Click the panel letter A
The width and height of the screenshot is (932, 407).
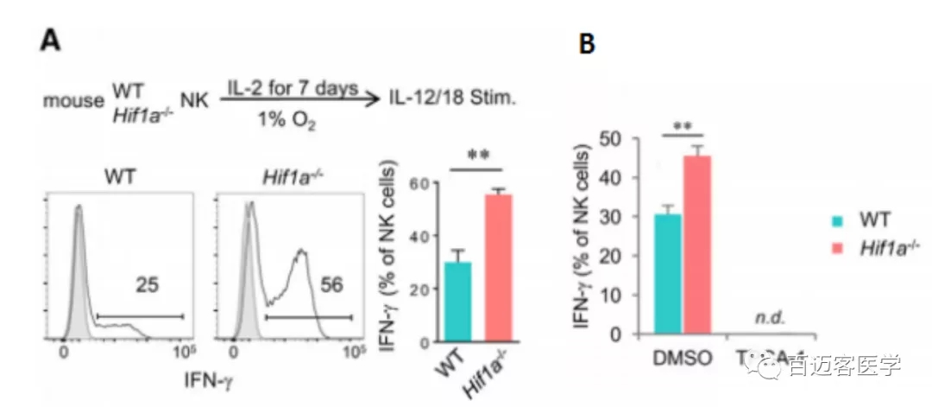tap(51, 41)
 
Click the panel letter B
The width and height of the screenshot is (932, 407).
tap(587, 44)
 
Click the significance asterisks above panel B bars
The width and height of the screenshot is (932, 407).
tap(683, 125)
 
